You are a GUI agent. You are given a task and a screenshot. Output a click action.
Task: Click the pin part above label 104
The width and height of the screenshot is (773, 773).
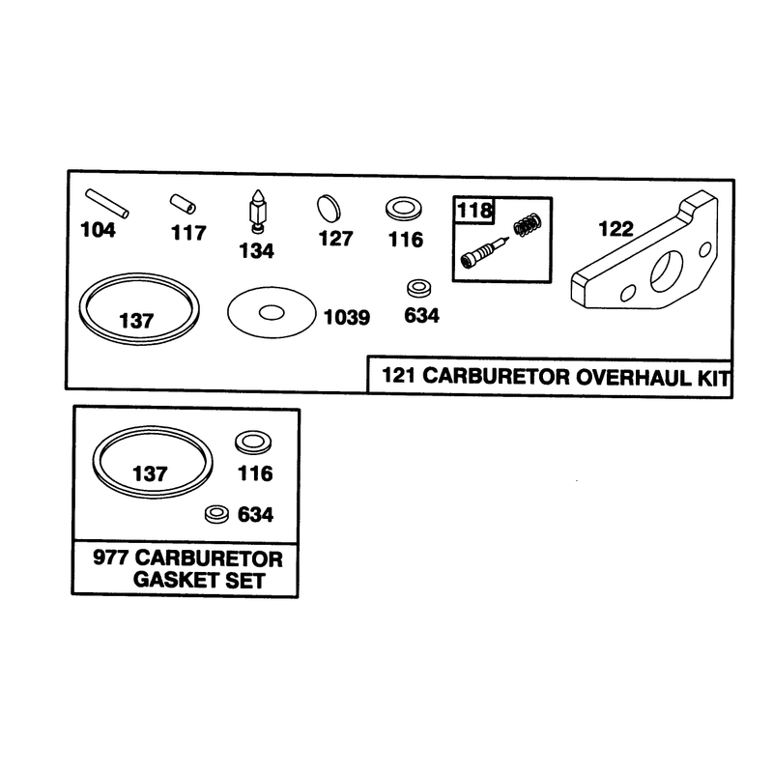click(107, 203)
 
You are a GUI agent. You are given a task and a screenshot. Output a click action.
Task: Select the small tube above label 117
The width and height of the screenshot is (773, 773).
click(183, 204)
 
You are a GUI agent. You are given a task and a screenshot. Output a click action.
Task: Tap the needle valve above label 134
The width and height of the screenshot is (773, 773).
click(257, 211)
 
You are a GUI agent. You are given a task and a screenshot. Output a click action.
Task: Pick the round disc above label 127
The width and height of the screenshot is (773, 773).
click(329, 209)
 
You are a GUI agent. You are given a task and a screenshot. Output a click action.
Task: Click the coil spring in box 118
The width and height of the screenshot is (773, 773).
click(528, 224)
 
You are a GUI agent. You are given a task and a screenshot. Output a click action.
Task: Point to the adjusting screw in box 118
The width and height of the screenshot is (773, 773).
click(484, 252)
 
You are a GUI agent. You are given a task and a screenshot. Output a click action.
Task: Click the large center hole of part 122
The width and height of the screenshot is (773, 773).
click(667, 271)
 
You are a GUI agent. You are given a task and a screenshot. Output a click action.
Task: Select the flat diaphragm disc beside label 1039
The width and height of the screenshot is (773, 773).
click(272, 312)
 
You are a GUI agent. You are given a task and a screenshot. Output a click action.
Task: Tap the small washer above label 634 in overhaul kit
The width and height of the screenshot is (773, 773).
click(419, 288)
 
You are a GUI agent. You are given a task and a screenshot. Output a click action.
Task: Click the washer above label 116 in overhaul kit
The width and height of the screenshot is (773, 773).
click(404, 209)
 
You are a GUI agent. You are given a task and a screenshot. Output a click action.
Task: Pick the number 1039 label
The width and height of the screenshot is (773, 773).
click(347, 318)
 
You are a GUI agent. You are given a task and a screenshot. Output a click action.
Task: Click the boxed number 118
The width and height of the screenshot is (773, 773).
click(474, 211)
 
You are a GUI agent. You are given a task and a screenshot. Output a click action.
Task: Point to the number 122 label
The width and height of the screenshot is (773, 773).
click(616, 229)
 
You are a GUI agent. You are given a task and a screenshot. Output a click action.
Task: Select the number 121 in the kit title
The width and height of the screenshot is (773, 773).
click(399, 375)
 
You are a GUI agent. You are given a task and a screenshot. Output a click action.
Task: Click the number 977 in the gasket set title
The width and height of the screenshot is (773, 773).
click(110, 558)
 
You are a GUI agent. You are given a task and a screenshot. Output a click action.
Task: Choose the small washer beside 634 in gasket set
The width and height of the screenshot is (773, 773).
click(216, 514)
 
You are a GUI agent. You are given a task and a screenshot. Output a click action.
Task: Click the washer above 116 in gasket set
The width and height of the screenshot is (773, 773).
click(253, 443)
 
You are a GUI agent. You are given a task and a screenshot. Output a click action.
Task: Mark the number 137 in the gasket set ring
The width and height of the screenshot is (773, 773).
click(151, 473)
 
